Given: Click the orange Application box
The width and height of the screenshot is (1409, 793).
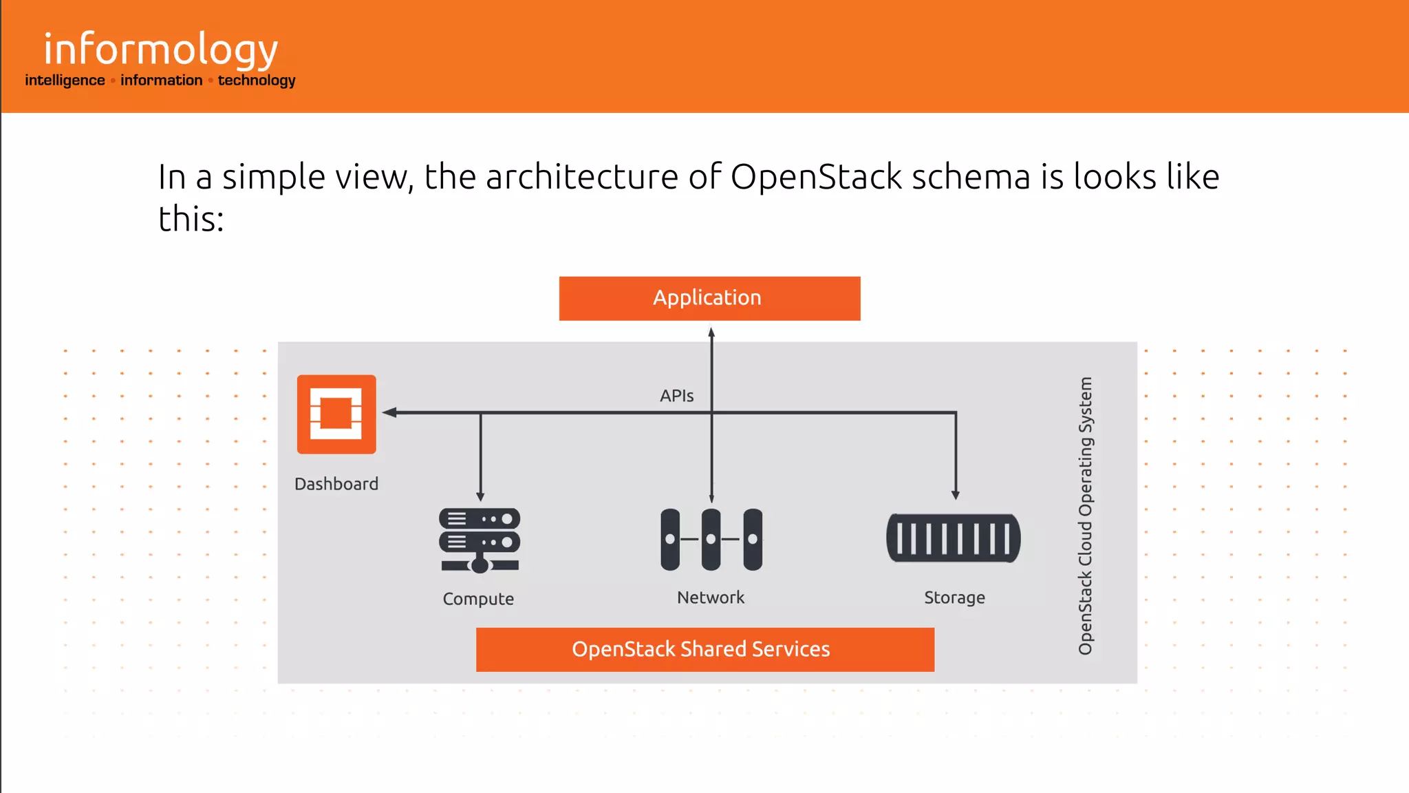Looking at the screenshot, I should (709, 298).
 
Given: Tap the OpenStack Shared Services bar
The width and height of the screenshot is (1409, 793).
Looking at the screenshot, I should (704, 649).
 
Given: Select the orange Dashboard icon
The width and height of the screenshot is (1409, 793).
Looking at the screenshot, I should (336, 414).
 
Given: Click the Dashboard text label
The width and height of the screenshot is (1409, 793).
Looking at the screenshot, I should (336, 484).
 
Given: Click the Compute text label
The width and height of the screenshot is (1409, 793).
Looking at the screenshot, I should (478, 599).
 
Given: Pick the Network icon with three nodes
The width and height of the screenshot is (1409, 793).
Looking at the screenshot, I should (711, 540).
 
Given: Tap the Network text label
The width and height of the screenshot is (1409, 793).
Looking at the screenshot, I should (711, 598).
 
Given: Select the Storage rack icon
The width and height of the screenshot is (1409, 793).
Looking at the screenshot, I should (954, 538).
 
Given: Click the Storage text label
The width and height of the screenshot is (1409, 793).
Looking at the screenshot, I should (954, 598).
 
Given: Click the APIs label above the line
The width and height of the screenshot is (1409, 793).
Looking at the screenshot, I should (676, 396).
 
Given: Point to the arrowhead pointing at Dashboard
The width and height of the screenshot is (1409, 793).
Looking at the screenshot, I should (389, 412).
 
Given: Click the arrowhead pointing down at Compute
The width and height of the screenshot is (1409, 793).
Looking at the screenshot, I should (480, 496).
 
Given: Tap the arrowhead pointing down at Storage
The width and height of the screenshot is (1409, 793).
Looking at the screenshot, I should (956, 494).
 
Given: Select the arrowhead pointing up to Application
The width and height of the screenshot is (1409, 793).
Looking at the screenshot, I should (711, 332).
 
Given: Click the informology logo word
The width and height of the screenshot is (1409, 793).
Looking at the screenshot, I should (160, 50).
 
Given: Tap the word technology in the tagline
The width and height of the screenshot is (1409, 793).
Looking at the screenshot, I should (257, 81).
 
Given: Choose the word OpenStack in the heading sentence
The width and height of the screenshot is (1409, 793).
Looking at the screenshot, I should (816, 177).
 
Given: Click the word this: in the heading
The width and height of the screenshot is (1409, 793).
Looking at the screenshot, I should (191, 220).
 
